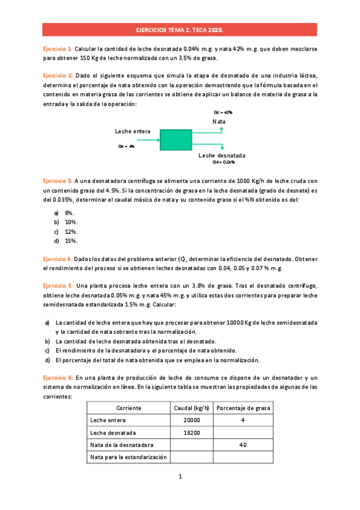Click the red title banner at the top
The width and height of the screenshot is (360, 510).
point(180,29)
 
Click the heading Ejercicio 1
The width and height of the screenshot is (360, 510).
point(58,48)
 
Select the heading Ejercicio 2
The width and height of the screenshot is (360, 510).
point(58,75)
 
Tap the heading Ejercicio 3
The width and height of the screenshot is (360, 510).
point(58,180)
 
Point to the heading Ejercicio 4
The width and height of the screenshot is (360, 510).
point(58,258)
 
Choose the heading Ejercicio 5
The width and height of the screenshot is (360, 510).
point(58,286)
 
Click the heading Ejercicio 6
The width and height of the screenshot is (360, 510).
point(58,376)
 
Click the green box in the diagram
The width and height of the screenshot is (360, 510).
point(175,140)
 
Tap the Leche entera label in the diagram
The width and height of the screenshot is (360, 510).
point(132,131)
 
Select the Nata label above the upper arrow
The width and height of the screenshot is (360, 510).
point(219,121)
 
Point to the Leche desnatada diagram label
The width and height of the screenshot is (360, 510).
point(222,155)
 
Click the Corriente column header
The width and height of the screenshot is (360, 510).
point(129,408)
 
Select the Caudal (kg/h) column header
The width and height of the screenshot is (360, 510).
point(191,408)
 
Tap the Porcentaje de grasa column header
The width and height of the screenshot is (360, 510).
point(242,408)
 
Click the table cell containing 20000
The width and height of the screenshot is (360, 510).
point(191,420)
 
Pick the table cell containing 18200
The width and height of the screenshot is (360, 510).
point(191,432)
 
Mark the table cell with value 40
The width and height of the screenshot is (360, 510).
point(242,445)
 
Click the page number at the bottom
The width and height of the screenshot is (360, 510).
point(180,477)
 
